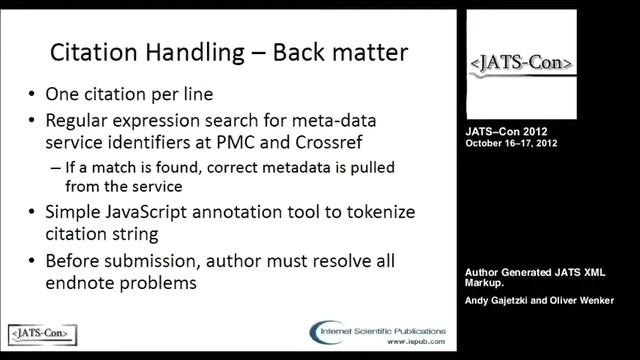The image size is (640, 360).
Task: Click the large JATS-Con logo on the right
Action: tap(522, 63)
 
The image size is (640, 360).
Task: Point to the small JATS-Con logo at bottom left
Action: tap(42, 331)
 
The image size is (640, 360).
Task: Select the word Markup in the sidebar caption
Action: tap(487, 282)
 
